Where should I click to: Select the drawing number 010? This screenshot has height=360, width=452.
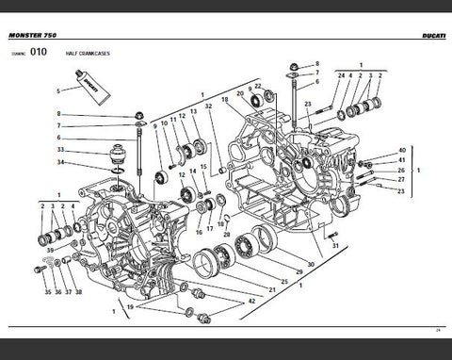39,54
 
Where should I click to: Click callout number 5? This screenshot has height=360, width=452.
58,90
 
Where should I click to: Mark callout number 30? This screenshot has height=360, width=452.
310,265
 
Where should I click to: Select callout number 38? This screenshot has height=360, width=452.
79,292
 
